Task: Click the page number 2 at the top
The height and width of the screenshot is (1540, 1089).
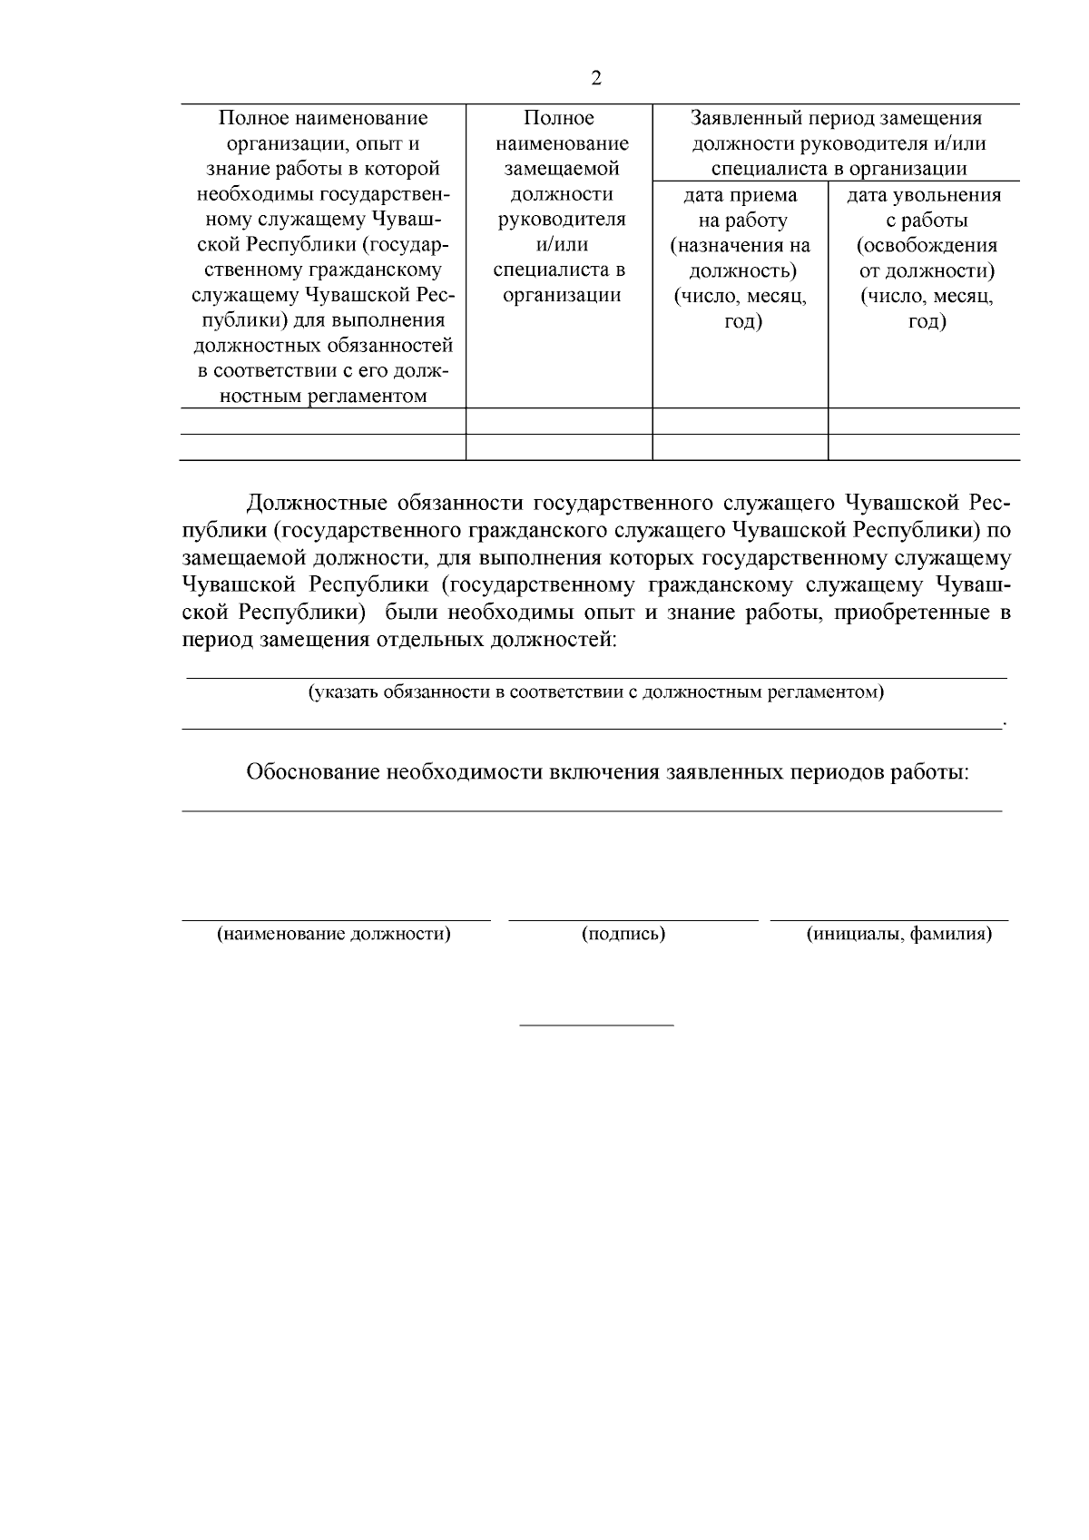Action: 595,78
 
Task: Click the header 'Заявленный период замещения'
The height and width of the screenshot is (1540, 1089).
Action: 835,118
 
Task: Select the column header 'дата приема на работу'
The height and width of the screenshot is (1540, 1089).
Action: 740,208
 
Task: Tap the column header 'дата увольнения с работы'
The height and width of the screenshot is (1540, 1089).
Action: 924,208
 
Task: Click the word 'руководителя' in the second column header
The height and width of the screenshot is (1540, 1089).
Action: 561,220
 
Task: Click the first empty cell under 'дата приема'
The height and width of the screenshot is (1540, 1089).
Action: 740,421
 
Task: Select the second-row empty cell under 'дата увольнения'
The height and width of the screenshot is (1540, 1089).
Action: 924,447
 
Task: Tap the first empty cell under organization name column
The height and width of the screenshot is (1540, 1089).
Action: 323,421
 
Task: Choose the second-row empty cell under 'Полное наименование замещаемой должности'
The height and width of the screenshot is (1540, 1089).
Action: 559,447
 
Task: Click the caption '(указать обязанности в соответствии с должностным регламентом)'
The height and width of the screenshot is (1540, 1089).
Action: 595,693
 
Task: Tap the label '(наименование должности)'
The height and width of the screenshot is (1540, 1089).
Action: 333,935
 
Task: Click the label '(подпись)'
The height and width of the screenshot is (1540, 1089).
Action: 623,935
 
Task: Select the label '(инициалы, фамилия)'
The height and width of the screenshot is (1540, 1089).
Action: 898,935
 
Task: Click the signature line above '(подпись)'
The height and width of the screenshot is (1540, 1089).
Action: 633,921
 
